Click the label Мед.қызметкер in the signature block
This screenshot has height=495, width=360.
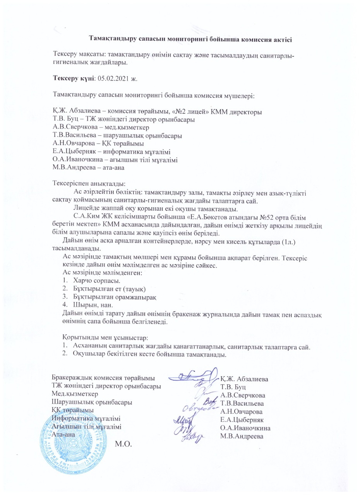point(75,394)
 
